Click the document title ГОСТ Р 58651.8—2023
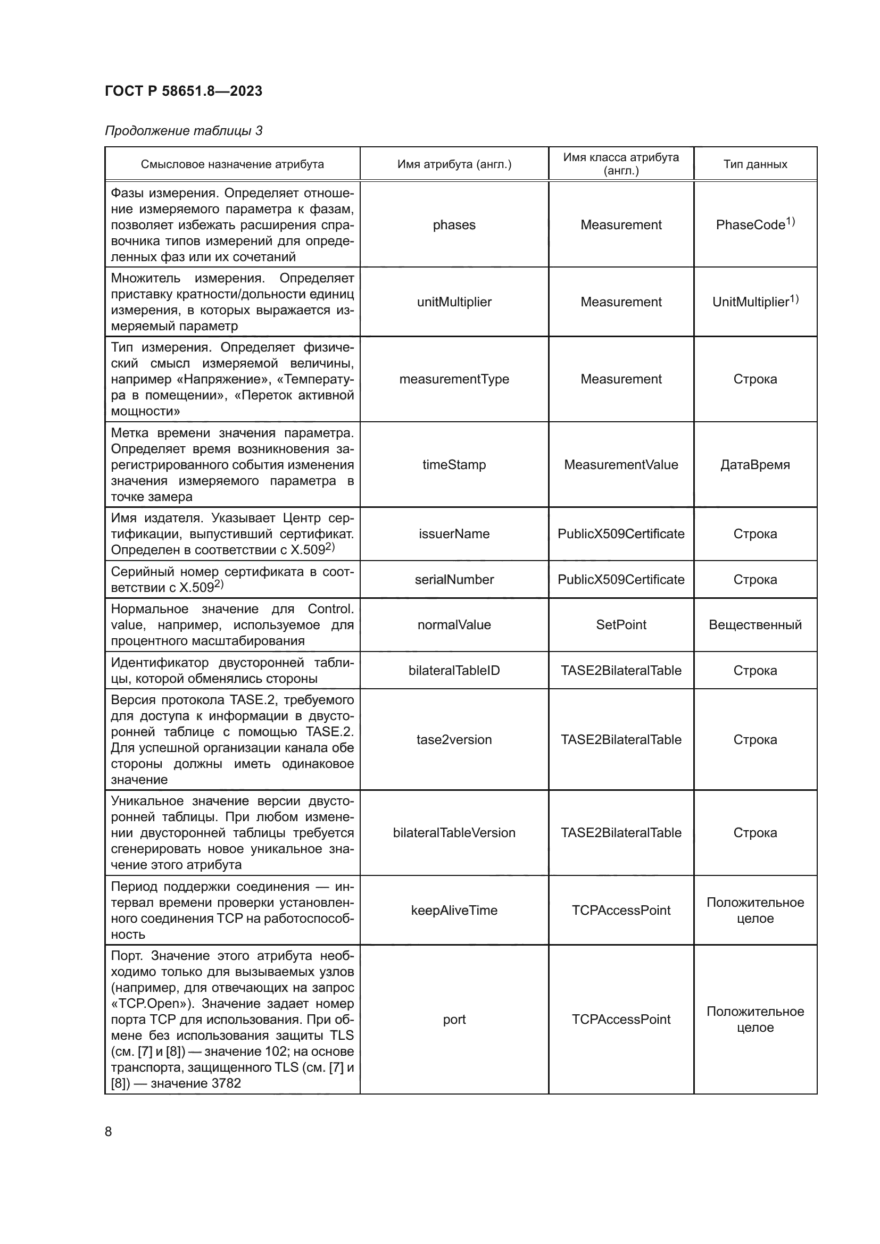point(183,91)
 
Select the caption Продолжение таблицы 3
point(183,131)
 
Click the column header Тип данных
point(755,164)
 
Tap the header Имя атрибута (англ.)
point(454,164)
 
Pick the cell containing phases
point(454,225)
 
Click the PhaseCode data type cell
point(755,224)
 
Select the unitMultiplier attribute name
point(454,302)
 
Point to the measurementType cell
point(454,379)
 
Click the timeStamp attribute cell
point(454,464)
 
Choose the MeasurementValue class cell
point(621,464)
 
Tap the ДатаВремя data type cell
point(755,464)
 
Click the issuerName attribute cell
point(454,533)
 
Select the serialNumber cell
point(454,579)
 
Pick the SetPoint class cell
point(621,625)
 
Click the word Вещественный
point(755,625)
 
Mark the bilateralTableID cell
point(454,670)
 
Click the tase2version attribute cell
point(454,740)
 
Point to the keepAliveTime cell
point(454,910)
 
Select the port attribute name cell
point(454,1019)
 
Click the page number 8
point(109,1131)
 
